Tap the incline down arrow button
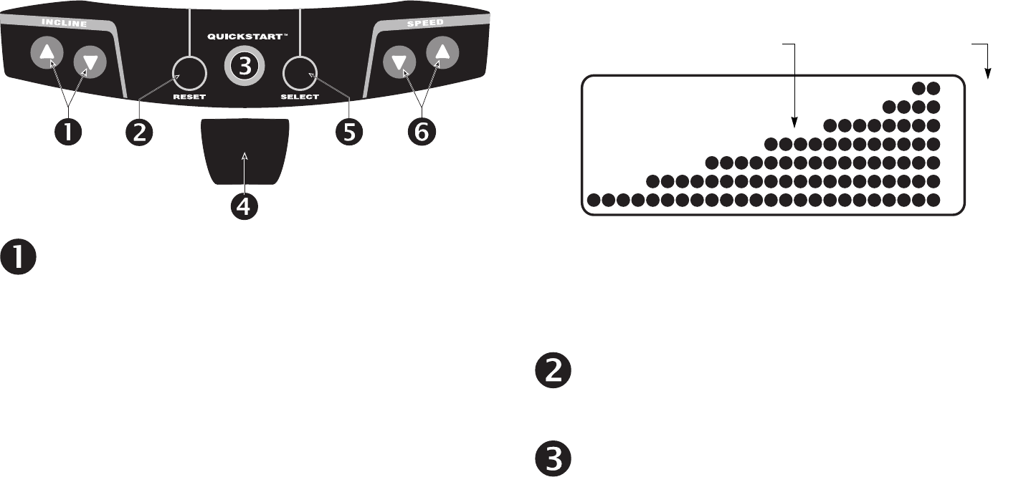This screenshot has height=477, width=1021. tap(90, 62)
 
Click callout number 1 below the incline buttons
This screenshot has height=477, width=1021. tap(69, 132)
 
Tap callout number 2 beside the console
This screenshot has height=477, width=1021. tap(140, 132)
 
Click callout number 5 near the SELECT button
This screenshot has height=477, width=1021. tap(349, 132)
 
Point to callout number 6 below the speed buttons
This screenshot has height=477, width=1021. tap(420, 132)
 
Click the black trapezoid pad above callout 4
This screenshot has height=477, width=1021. tap(245, 153)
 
